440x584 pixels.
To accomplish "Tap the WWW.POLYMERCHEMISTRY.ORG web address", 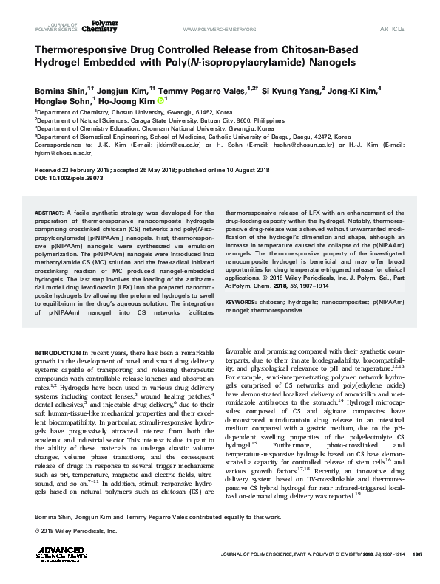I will coord(218,29).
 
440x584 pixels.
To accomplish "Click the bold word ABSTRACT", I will coord(50,212).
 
